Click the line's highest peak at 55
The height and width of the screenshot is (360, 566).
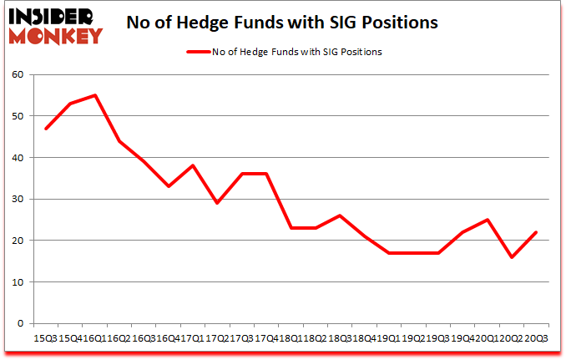point(95,95)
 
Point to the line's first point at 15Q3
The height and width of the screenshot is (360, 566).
point(46,129)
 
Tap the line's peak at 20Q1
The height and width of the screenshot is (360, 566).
point(487,220)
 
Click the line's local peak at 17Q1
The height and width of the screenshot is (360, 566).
point(193,165)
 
